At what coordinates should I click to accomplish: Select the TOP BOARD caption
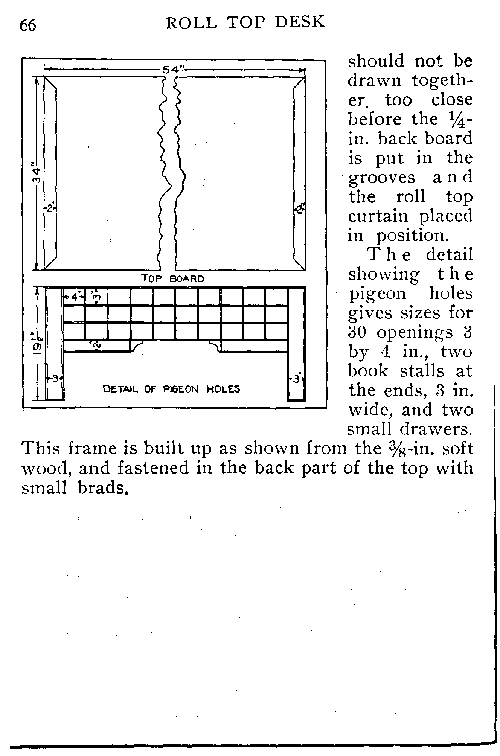173,279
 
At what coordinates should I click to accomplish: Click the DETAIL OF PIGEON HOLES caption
171,389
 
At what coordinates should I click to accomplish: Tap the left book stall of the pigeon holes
55,345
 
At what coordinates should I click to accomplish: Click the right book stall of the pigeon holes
296,345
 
